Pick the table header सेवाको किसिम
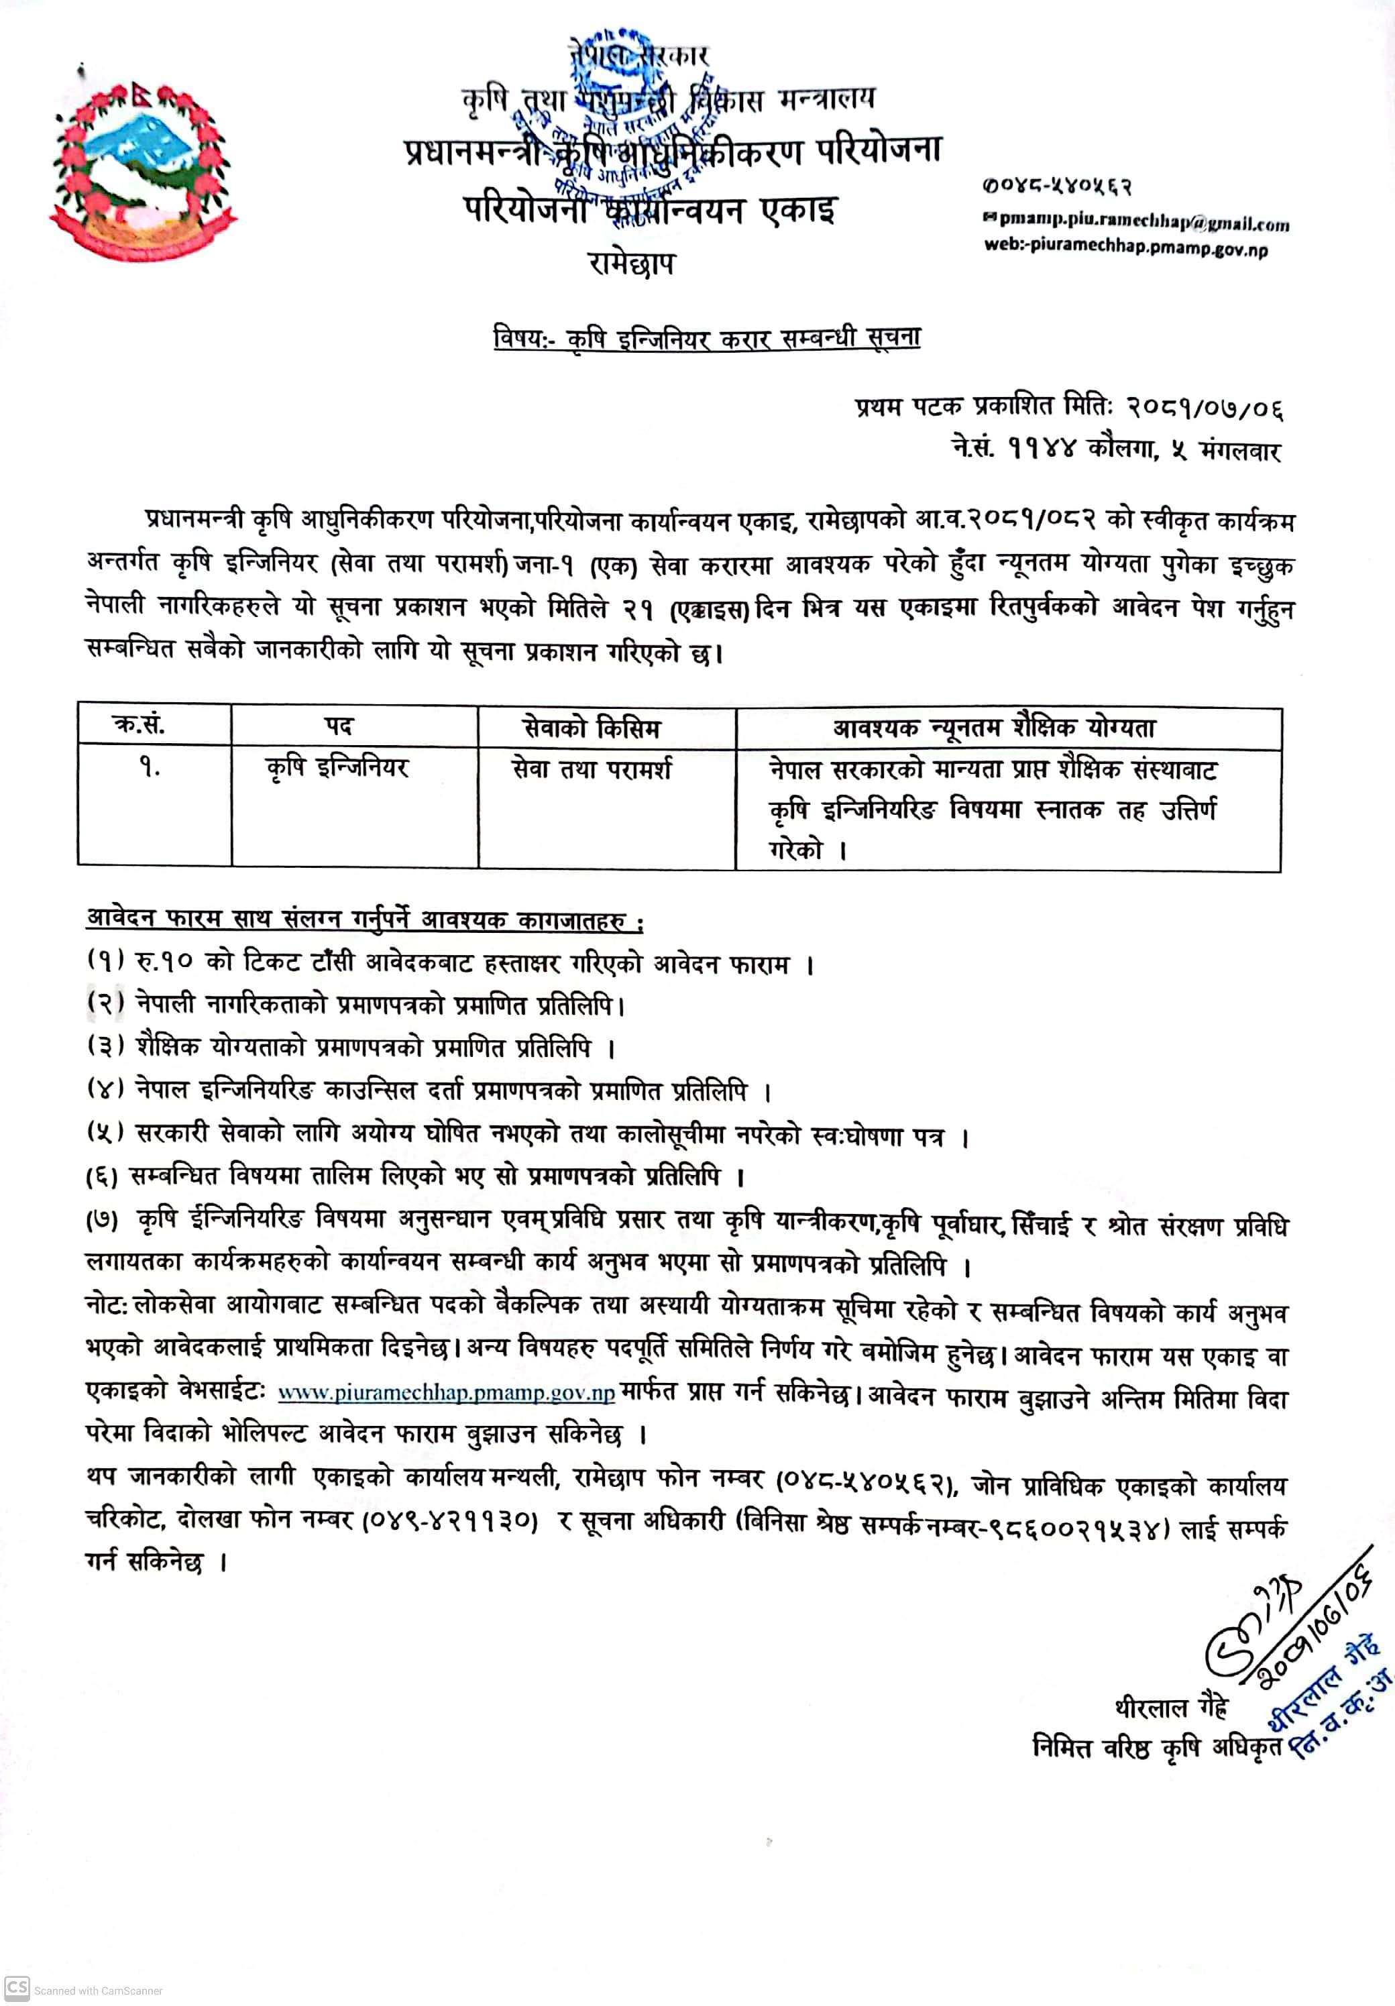point(592,727)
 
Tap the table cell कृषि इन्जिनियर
point(337,768)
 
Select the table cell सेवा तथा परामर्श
point(592,769)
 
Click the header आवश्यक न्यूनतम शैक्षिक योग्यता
point(994,727)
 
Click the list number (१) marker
point(107,960)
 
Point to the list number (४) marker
point(107,1089)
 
